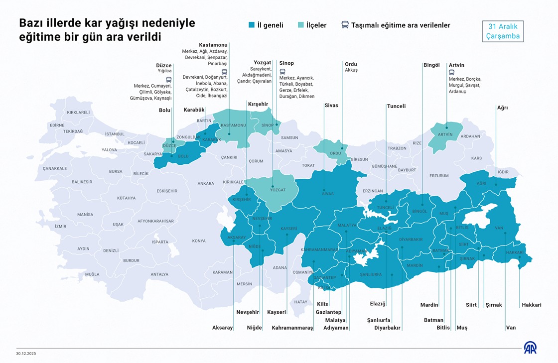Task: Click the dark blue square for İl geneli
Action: [x=251, y=25]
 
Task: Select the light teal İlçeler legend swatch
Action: [x=300, y=25]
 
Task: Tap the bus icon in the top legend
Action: [x=345, y=25]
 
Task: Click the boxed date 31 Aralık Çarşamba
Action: [x=503, y=31]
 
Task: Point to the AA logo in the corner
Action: [x=530, y=348]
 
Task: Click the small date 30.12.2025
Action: [x=26, y=354]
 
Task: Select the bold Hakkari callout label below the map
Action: [x=531, y=305]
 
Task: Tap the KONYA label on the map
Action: [x=199, y=241]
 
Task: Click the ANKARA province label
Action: [x=205, y=183]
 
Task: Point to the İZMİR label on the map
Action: [x=60, y=226]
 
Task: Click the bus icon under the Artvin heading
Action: [x=451, y=72]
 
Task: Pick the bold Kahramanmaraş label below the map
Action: [x=292, y=328]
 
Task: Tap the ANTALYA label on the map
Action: [x=159, y=274]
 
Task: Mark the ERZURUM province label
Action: [x=439, y=176]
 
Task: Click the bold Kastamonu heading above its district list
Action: [x=213, y=45]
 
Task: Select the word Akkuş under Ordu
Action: [x=351, y=70]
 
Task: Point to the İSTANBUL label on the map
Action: [x=115, y=134]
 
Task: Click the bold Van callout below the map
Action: [x=511, y=328]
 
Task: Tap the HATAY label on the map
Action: [x=301, y=302]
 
